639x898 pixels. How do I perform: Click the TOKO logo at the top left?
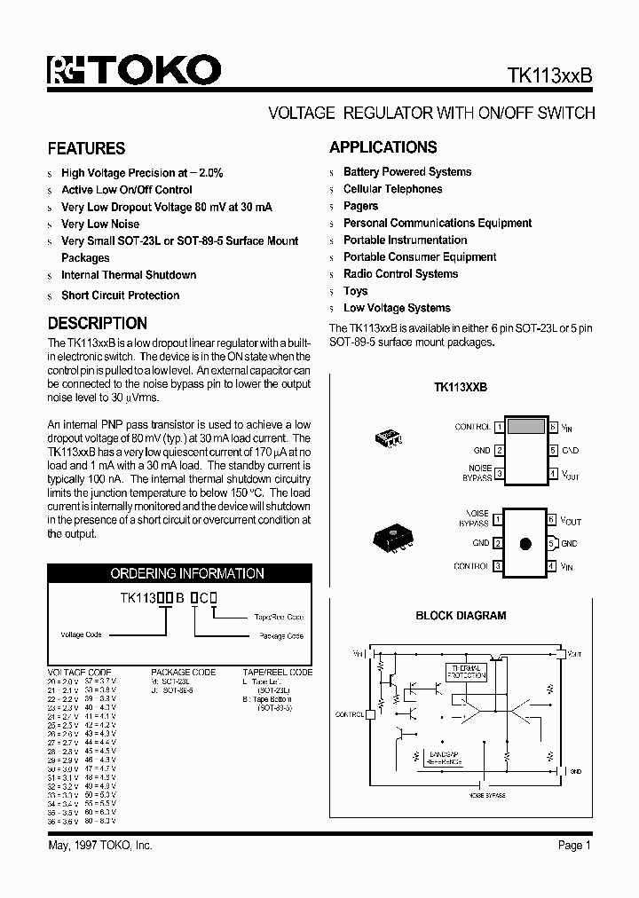coord(134,70)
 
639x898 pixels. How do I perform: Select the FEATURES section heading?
coord(86,148)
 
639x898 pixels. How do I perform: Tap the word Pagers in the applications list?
coord(360,206)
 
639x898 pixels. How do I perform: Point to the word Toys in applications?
coord(355,291)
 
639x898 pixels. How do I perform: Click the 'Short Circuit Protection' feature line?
coord(120,295)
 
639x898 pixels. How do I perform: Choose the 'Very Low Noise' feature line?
coord(100,224)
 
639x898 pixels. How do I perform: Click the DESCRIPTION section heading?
coord(97,324)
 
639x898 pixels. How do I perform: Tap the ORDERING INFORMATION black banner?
coord(186,573)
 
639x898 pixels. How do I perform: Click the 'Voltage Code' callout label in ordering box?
coord(81,634)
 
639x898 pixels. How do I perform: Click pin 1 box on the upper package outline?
coord(500,427)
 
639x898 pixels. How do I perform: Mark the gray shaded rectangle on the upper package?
coord(525,426)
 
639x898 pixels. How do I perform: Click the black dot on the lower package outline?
coord(525,544)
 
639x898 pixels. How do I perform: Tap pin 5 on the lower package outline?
coord(551,544)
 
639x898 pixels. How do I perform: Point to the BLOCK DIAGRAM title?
coord(461,615)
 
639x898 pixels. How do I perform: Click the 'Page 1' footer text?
coord(574,846)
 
